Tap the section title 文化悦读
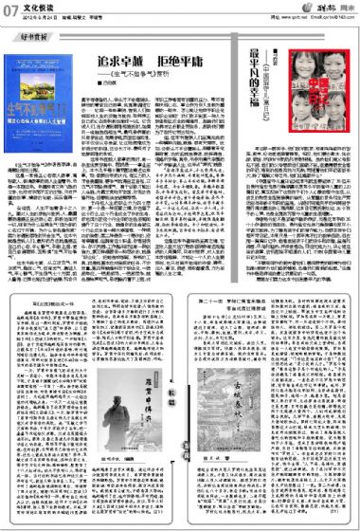[x=35, y=9]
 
